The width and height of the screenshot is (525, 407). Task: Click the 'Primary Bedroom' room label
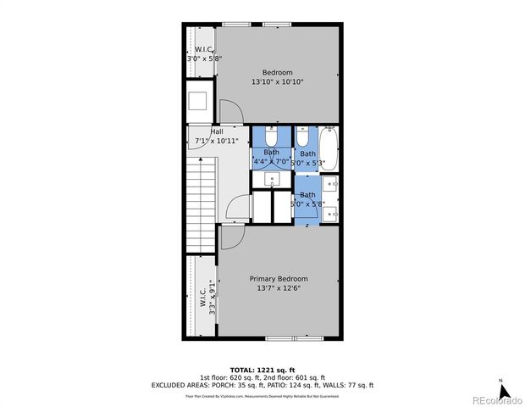coord(278,278)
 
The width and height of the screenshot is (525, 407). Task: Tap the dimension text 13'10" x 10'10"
coord(277,82)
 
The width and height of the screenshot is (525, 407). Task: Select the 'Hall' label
coord(217,131)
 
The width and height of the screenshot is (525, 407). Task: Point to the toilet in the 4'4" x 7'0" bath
coord(271,137)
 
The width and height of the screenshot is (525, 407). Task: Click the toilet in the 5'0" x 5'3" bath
coord(302,137)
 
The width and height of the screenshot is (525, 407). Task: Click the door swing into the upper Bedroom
coord(229,111)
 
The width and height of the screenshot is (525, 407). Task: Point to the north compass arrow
coord(505,391)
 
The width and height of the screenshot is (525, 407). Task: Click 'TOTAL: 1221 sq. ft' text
coord(262,369)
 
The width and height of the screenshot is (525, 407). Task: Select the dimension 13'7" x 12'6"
coord(278,288)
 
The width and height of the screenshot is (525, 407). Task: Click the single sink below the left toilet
coord(271,178)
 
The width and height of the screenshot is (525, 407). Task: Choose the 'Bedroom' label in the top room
coord(277,72)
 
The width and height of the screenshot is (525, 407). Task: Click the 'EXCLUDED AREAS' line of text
coord(262,384)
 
